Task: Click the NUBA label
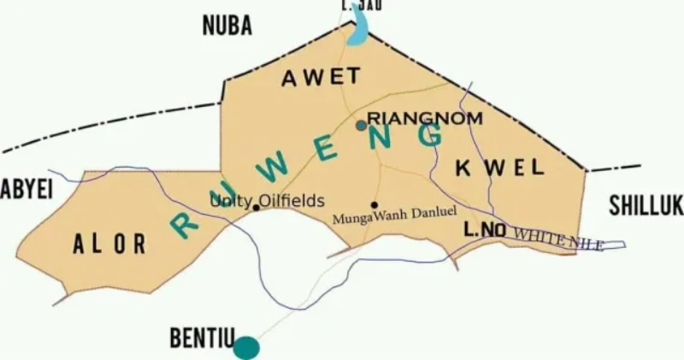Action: (x=227, y=27)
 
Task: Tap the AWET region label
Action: (x=321, y=77)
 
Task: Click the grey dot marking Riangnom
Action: (x=362, y=125)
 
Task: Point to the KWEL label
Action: (x=500, y=167)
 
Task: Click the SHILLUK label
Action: (x=646, y=205)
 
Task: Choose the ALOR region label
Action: (x=109, y=245)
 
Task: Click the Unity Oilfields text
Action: (x=268, y=201)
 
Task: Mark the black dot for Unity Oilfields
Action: (x=256, y=208)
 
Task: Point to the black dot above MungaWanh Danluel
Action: (x=374, y=204)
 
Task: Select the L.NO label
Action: (x=485, y=230)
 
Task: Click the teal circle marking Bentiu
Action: (x=246, y=347)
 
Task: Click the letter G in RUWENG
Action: (x=430, y=135)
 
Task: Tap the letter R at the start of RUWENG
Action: (x=185, y=225)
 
